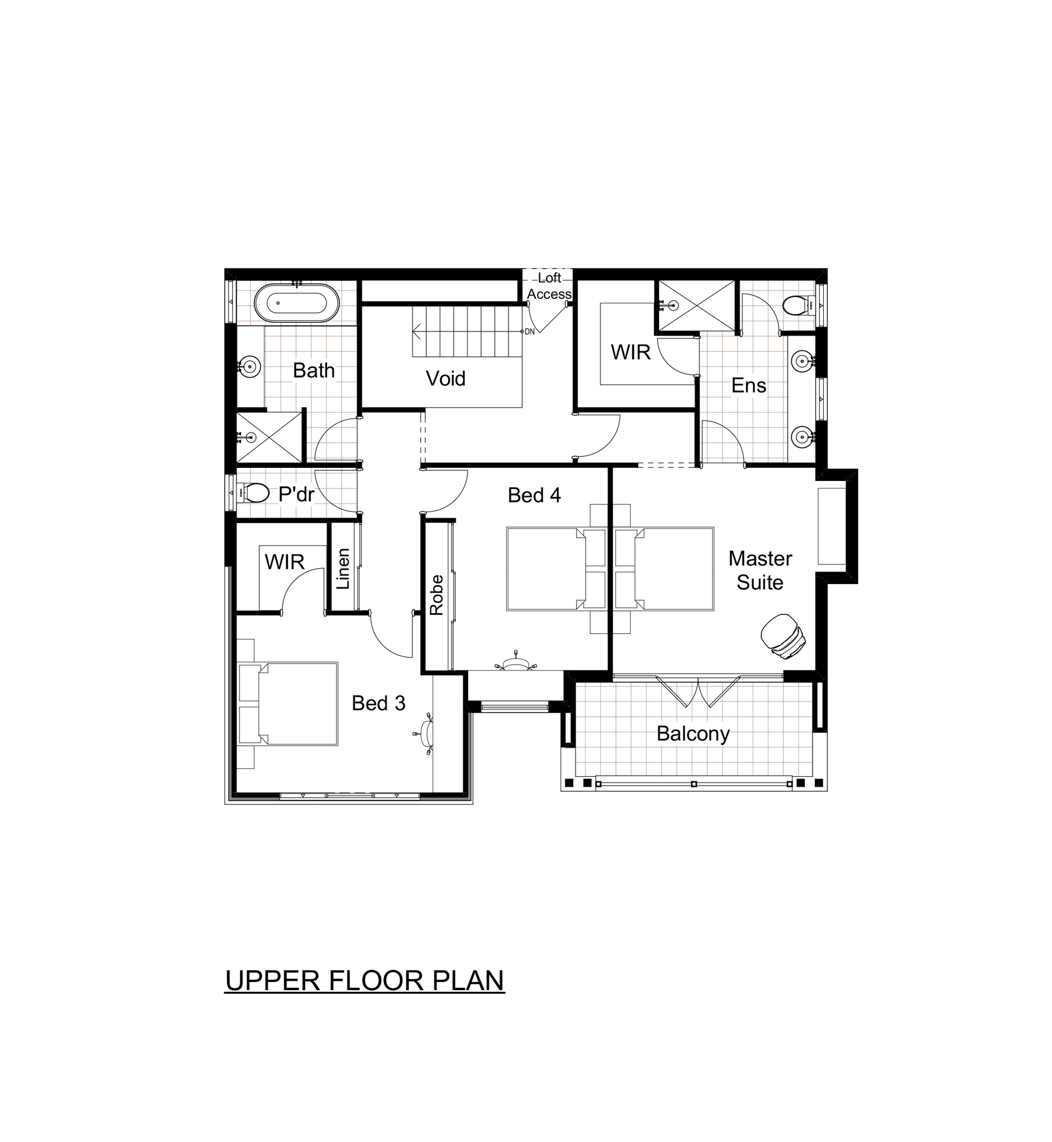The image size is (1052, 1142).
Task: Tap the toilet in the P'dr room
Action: (x=253, y=493)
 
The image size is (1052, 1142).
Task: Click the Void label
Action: (x=446, y=378)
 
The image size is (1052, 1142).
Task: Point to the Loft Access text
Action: (x=549, y=286)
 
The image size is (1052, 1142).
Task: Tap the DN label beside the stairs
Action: (x=529, y=331)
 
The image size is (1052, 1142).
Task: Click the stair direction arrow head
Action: (x=417, y=331)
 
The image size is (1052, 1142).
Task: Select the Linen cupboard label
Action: (x=343, y=568)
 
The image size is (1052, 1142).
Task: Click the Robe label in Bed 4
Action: (x=437, y=595)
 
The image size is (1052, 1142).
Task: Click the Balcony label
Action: (x=693, y=734)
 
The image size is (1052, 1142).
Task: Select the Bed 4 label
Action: (x=534, y=495)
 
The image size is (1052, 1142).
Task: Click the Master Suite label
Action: (x=760, y=570)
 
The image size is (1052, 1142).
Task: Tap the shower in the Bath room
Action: (x=268, y=437)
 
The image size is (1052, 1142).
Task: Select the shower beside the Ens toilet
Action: (x=696, y=305)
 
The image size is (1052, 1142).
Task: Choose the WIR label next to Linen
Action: (x=284, y=562)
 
